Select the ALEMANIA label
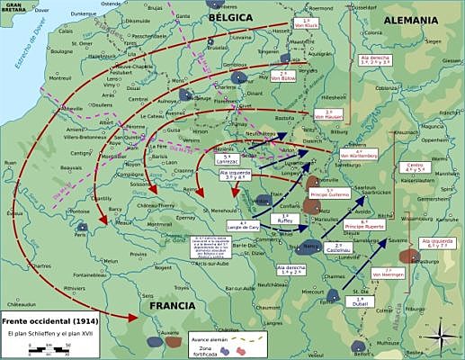click(x=410, y=20)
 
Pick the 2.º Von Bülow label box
click(x=283, y=76)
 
